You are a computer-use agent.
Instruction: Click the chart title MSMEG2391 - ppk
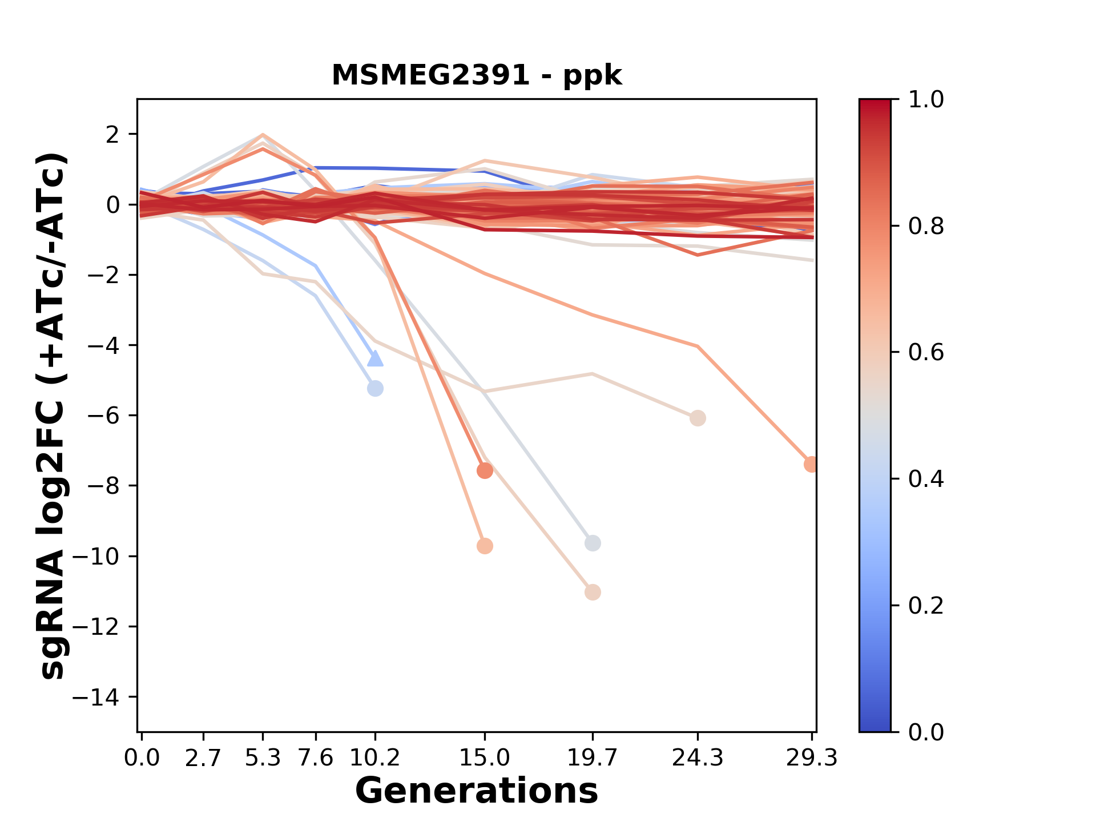tap(477, 75)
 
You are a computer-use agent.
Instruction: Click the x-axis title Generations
tap(477, 791)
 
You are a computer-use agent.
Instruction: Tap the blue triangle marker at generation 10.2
tap(375, 358)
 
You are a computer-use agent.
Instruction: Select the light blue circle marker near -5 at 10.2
tap(375, 389)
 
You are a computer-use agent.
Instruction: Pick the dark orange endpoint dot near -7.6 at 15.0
tap(485, 471)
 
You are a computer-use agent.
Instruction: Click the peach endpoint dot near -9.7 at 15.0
tap(485, 546)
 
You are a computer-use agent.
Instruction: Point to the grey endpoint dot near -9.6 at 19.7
tap(593, 543)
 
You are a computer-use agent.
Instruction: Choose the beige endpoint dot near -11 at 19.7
tap(593, 593)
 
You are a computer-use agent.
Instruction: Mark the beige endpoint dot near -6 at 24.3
tap(698, 418)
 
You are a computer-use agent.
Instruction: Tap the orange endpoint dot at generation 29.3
tap(811, 465)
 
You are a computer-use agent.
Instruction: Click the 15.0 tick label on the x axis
tap(485, 758)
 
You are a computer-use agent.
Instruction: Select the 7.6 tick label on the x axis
tap(316, 758)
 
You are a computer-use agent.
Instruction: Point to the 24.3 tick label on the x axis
tap(698, 758)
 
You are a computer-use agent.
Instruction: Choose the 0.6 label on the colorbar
tap(926, 353)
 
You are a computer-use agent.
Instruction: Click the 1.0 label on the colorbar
tap(926, 100)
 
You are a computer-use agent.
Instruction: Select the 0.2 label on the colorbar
tap(926, 606)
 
